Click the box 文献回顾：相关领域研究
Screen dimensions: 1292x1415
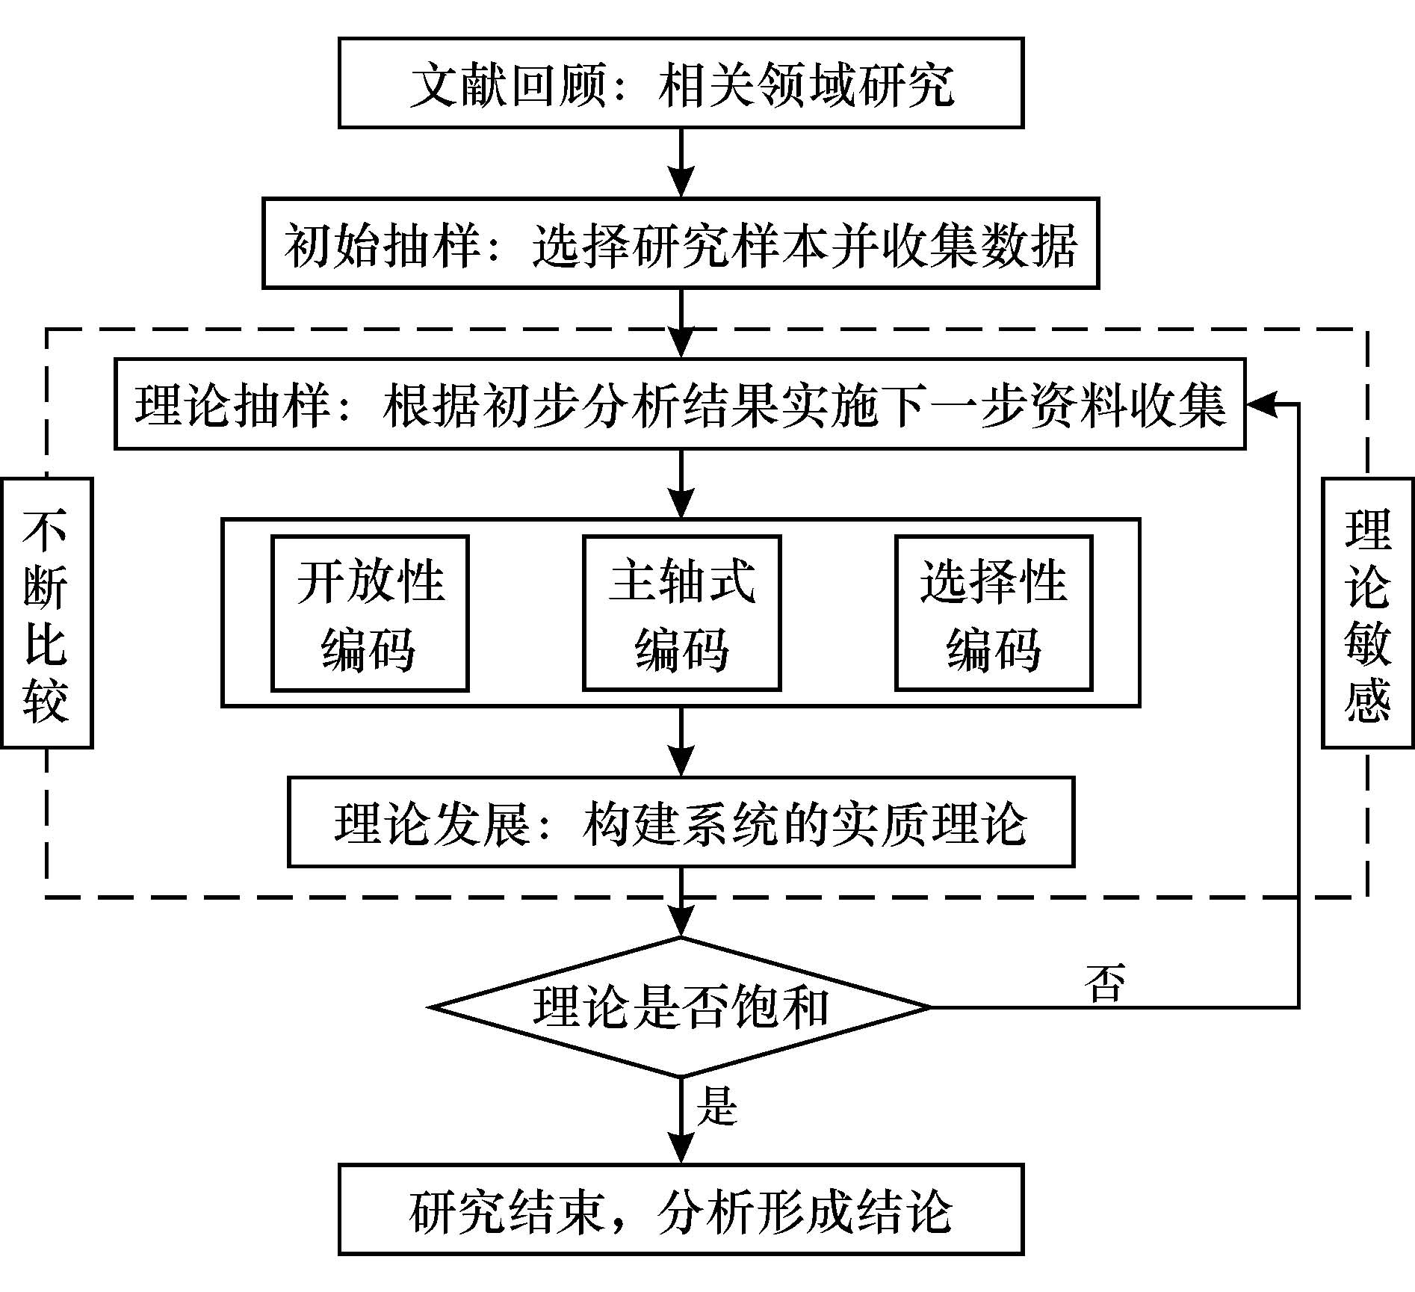[x=681, y=84]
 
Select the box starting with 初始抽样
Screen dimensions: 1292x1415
[x=681, y=244]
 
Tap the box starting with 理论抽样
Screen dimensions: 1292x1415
[x=680, y=404]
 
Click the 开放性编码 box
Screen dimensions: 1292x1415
[x=370, y=613]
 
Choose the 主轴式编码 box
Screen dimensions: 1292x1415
[x=681, y=613]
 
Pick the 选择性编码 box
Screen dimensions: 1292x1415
[x=994, y=613]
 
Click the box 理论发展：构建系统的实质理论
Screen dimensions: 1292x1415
[x=681, y=822]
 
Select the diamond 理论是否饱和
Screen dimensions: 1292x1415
[x=681, y=1007]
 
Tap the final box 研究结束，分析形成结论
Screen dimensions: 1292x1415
[x=681, y=1209]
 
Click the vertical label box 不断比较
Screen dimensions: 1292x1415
[x=46, y=613]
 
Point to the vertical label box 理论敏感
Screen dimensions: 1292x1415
[x=1367, y=613]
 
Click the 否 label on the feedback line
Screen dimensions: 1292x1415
[x=1105, y=982]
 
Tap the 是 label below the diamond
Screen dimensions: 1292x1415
[x=716, y=1105]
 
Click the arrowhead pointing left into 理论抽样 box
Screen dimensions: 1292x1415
[x=1261, y=404]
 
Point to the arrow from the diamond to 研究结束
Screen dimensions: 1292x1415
[x=681, y=1121]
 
